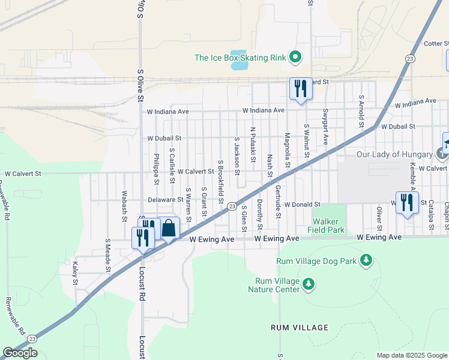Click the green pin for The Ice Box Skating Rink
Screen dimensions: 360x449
coord(295,58)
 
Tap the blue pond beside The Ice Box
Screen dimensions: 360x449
coord(239,62)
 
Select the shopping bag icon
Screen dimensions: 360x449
coord(169,229)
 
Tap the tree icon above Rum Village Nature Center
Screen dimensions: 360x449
coord(309,283)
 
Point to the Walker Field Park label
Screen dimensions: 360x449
coord(326,226)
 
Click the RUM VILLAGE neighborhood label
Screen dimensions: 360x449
coord(300,328)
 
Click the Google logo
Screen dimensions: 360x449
coord(20,353)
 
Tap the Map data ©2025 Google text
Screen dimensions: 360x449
coord(412,355)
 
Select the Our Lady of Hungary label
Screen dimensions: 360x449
coord(394,154)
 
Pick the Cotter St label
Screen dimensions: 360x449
coord(436,43)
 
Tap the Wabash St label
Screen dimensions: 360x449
coord(124,203)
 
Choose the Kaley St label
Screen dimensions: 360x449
coord(75,273)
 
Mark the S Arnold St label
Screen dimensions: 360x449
coord(361,111)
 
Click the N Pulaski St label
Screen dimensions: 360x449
coord(253,144)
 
